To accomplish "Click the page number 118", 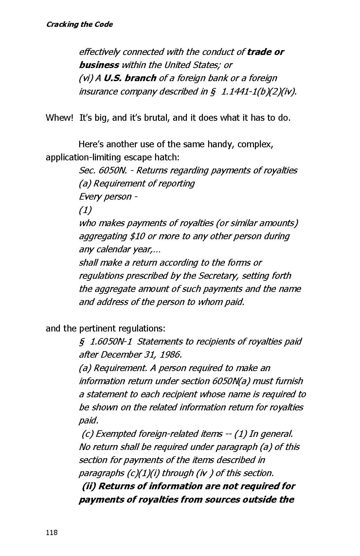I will [x=52, y=532].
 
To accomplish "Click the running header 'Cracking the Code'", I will [x=80, y=25].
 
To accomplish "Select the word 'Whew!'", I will [x=59, y=118].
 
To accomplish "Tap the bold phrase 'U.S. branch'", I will [x=130, y=78].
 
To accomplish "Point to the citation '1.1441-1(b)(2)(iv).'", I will [x=259, y=92].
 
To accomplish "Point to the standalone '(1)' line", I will [x=85, y=210].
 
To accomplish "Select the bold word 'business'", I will [x=99, y=65].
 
